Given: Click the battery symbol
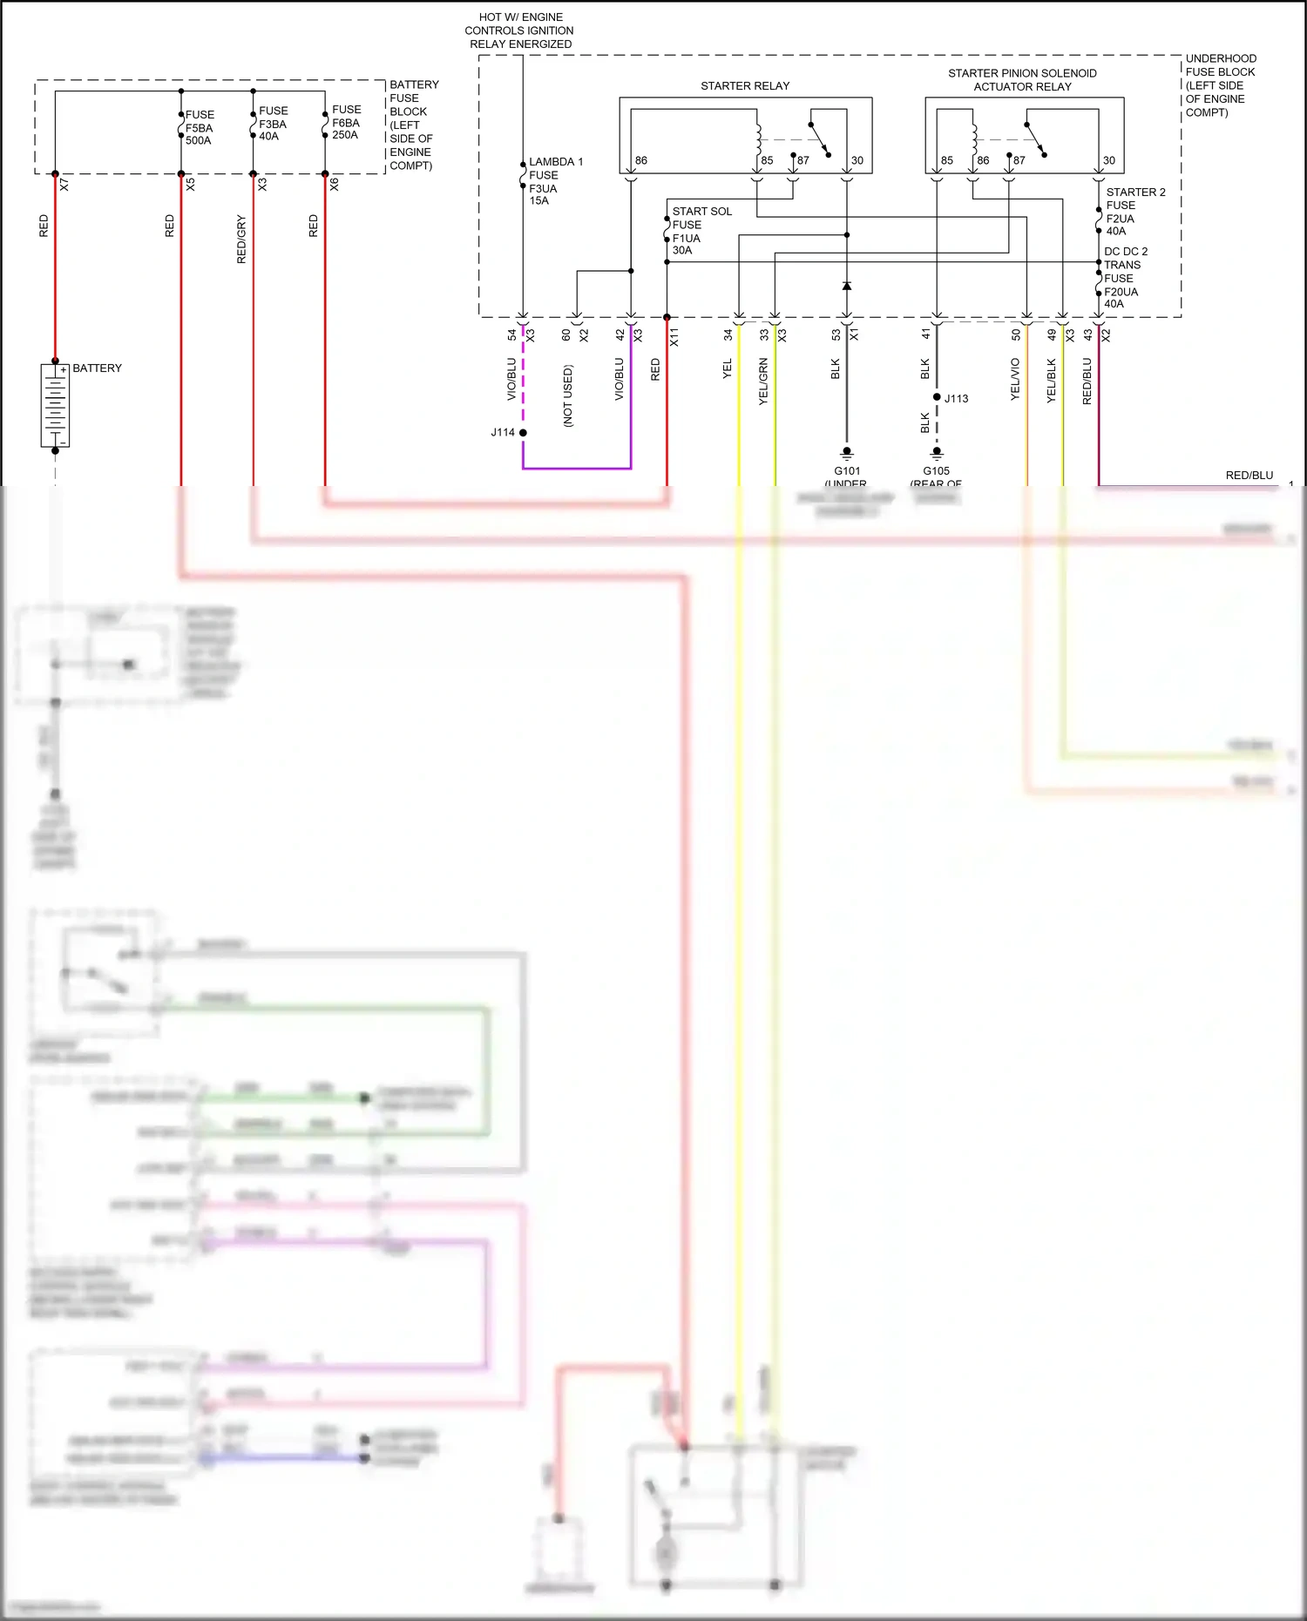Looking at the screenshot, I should (55, 406).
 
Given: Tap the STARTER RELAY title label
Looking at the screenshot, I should (745, 85).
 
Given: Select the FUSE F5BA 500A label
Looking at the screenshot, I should (200, 127).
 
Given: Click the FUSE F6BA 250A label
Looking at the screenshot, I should (346, 122).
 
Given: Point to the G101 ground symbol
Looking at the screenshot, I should (846, 453).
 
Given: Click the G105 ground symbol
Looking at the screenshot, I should (937, 453).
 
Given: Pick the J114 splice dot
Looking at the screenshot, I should (523, 432).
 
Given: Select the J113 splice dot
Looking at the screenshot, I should (937, 397).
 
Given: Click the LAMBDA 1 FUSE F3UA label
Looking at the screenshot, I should (555, 180).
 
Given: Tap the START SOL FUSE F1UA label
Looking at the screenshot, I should (701, 230).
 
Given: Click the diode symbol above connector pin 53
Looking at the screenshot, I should (846, 286).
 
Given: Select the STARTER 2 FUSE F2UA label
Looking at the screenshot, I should (1134, 211).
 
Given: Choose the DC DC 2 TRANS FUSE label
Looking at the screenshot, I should (1125, 277).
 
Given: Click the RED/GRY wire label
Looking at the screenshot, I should (241, 240).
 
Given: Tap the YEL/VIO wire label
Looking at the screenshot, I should (1015, 379).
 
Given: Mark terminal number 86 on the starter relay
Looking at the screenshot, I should (641, 160).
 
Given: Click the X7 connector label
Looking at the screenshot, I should (64, 185).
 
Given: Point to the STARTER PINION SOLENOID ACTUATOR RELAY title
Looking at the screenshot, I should (1022, 79).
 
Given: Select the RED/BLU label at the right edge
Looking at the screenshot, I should (1249, 475).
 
